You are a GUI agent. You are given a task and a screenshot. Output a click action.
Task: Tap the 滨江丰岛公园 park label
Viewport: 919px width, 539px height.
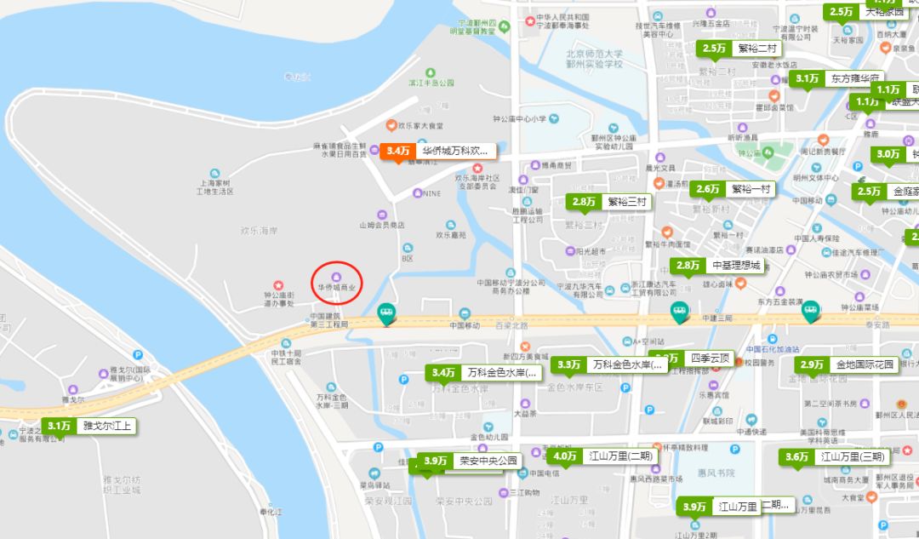pyautogui.click(x=432, y=83)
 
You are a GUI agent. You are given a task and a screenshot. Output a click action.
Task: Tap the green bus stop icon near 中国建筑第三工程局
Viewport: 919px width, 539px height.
pyautogui.click(x=387, y=314)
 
